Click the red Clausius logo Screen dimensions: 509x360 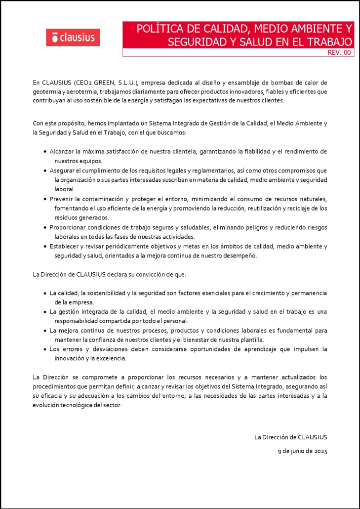click(x=73, y=37)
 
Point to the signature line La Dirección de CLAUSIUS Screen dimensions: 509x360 click(x=291, y=437)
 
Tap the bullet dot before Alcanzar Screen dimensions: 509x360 click(x=45, y=152)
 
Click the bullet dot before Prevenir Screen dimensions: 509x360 click(x=45, y=199)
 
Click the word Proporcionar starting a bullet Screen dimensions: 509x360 click(x=70, y=227)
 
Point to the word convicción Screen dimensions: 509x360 click(x=149, y=274)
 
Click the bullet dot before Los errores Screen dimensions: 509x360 click(x=45, y=349)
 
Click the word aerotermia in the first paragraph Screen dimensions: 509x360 click(x=87, y=91)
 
